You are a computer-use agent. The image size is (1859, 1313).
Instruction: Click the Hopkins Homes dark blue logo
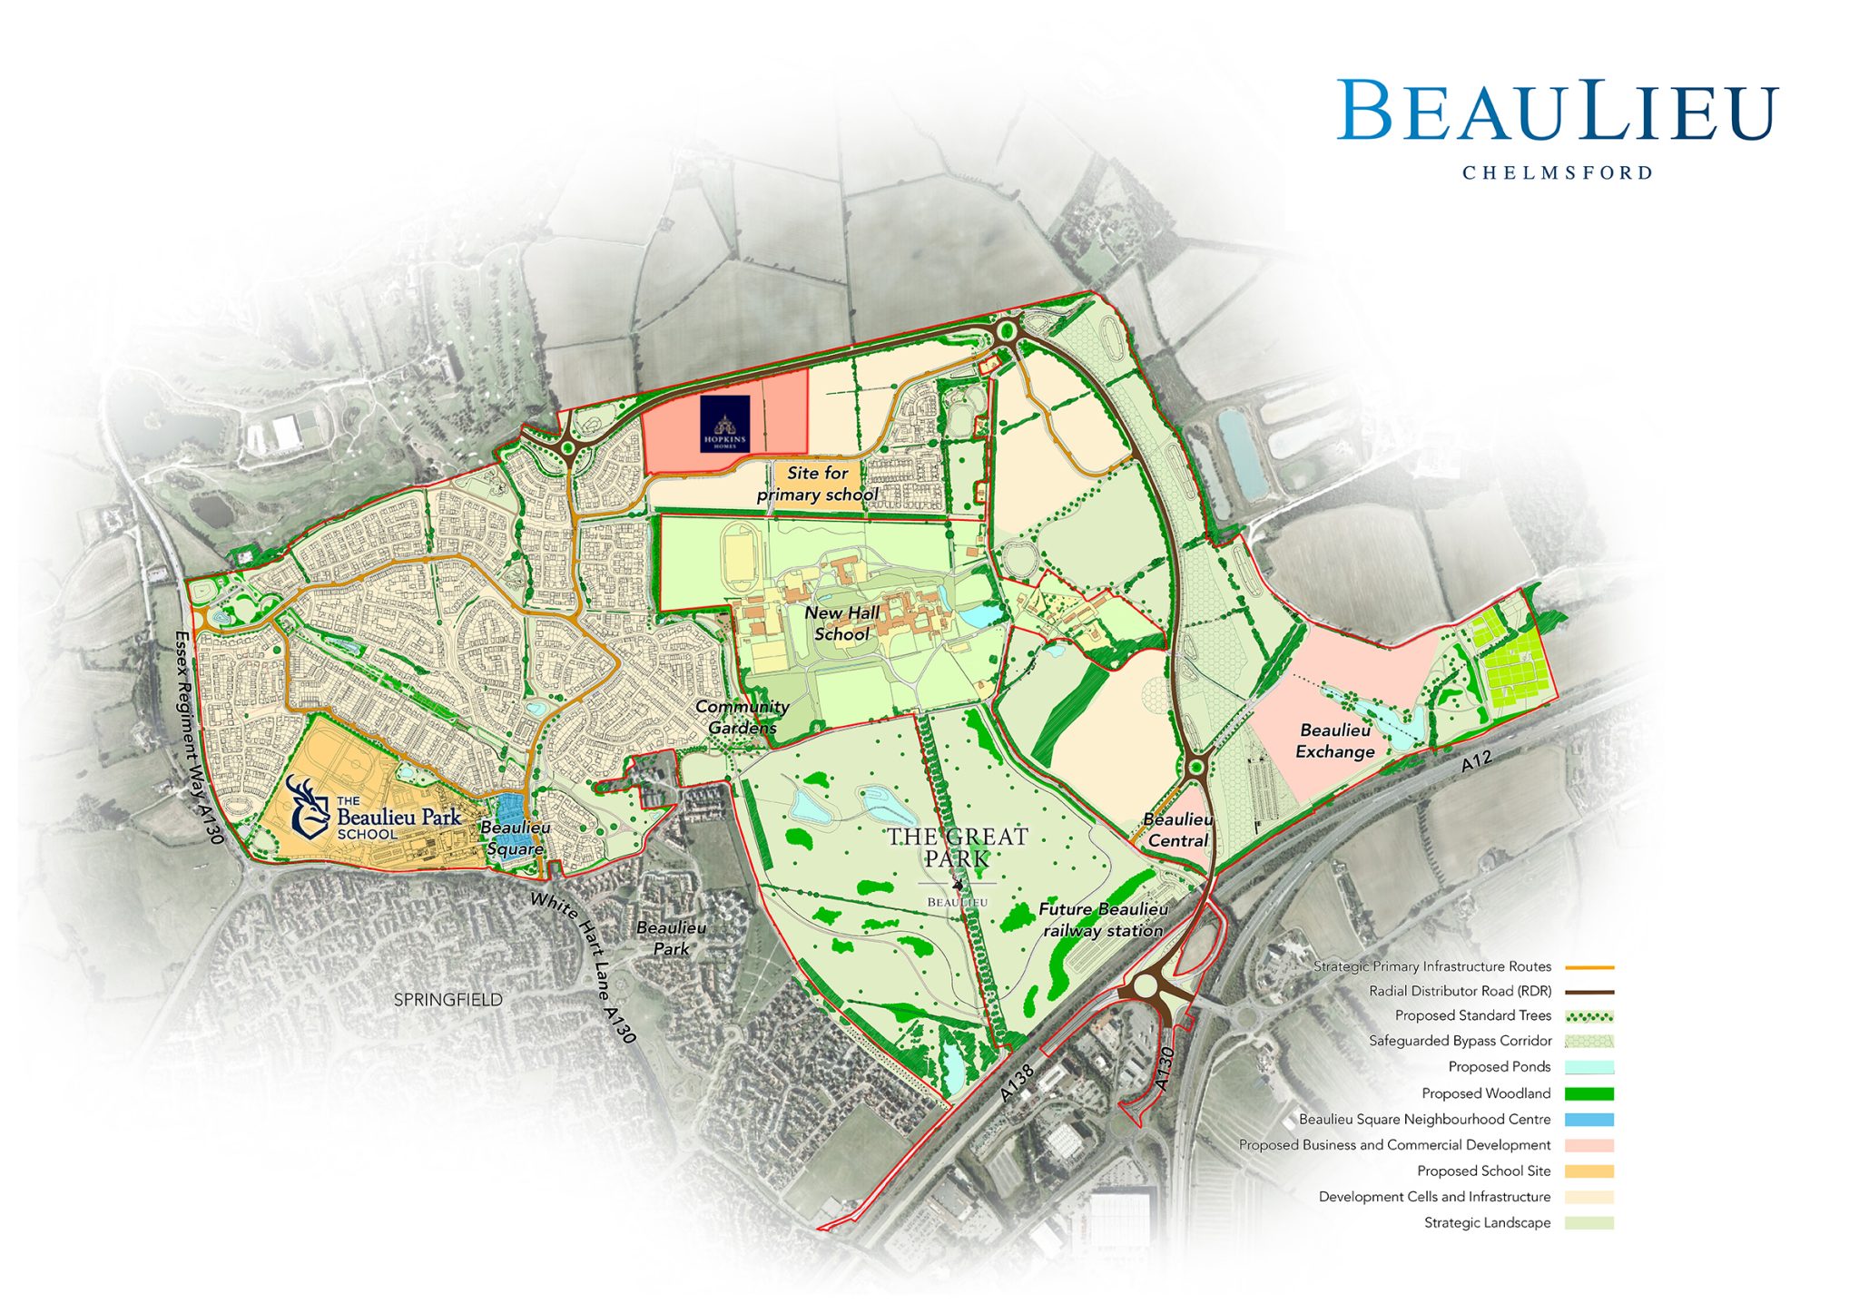point(724,424)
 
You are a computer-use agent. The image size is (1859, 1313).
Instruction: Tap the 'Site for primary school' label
point(817,484)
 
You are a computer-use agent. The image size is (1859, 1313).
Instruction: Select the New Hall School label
point(841,623)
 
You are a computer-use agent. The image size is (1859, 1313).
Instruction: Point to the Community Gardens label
point(743,717)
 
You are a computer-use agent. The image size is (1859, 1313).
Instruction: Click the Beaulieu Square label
point(515,838)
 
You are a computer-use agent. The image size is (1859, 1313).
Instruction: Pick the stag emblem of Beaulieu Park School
point(309,806)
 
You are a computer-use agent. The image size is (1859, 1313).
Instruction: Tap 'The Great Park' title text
point(957,848)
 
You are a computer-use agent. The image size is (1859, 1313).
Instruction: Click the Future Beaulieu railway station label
point(1103,919)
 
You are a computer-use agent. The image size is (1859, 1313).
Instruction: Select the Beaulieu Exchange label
point(1334,740)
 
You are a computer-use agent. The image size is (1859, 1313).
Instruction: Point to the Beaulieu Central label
point(1177,829)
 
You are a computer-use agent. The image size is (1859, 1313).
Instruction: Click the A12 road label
point(1476,761)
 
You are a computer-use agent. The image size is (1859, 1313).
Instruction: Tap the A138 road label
point(1017,1083)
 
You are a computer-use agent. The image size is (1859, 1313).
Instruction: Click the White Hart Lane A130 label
point(583,966)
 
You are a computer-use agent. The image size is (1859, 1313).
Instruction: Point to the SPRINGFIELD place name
point(448,1000)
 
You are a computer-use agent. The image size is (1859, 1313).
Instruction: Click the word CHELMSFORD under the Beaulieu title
point(1557,172)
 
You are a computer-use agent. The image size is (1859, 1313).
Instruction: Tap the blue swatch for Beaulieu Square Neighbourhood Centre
point(1589,1120)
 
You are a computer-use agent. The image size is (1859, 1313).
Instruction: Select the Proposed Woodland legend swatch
point(1589,1093)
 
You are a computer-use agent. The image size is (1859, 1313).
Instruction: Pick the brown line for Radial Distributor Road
point(1589,992)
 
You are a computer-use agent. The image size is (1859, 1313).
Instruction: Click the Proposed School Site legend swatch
point(1589,1171)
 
